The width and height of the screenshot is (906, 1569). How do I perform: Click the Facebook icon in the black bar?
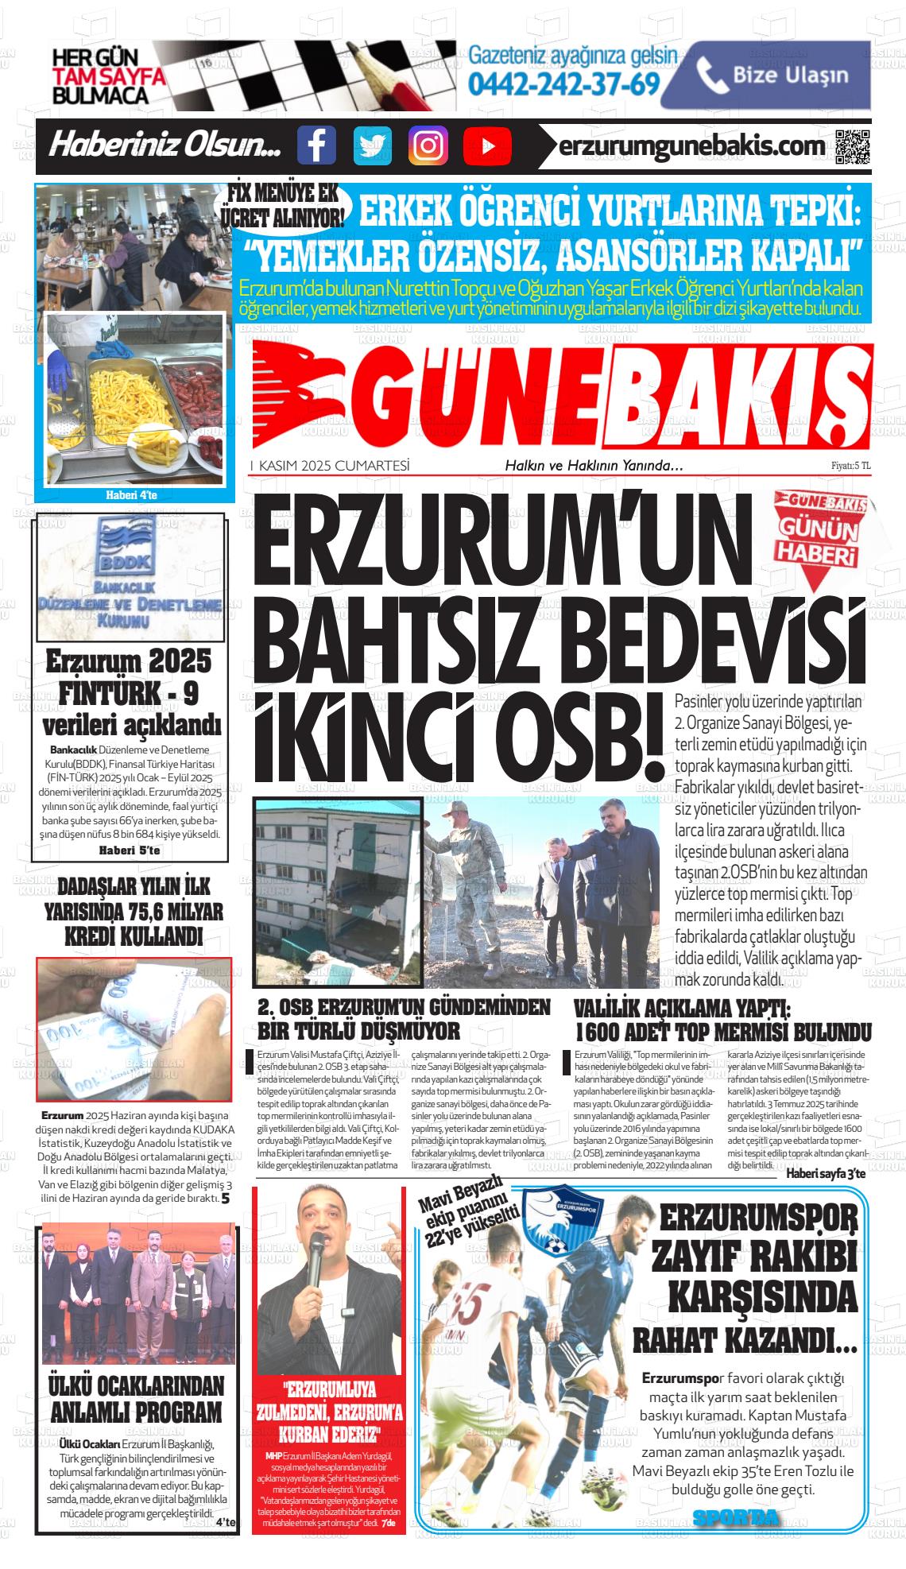316,146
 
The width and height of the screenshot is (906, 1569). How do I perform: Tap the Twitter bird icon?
372,146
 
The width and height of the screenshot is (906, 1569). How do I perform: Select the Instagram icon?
428,146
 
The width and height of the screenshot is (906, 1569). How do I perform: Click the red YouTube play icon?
486,146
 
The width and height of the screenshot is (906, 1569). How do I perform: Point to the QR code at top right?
852,146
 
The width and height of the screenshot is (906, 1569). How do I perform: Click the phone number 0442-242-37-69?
564,83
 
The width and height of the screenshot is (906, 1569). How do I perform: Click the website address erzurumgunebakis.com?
691,146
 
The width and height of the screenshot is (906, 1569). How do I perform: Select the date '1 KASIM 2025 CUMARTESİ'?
330,466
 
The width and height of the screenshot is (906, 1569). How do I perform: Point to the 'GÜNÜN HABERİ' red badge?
820,537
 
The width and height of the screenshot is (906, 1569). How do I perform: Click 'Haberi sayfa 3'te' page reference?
825,1173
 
